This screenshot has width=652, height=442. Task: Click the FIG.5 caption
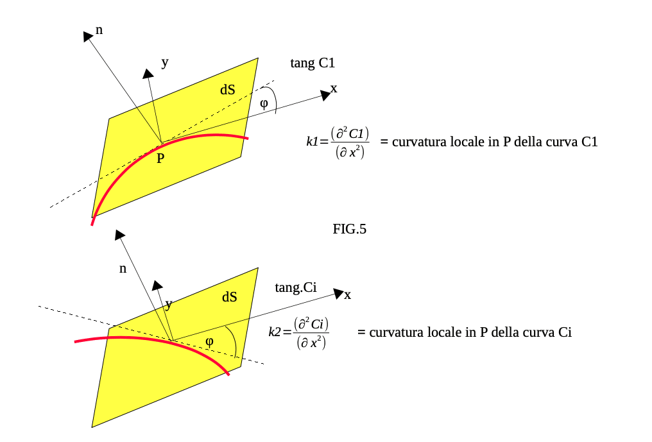coord(349,229)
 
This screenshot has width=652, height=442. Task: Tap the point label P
coord(160,158)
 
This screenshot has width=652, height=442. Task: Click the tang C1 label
coord(313,63)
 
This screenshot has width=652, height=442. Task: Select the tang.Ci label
coord(296,287)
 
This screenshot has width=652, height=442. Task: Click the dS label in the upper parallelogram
coord(227,89)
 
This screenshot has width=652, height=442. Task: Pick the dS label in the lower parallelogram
coord(230,297)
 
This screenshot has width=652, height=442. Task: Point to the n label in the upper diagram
coord(99,30)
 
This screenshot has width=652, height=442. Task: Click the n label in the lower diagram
coord(123,269)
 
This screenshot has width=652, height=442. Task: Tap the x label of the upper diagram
coord(334,89)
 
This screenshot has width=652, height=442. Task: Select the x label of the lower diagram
coord(348,295)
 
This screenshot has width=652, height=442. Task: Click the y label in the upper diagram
coord(165,63)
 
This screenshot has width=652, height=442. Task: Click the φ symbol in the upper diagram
coord(264,103)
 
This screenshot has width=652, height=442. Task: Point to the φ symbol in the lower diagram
coord(210,342)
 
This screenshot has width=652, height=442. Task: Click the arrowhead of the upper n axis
coord(88,36)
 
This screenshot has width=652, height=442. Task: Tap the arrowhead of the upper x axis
coord(326,95)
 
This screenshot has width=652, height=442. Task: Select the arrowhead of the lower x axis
coord(339,294)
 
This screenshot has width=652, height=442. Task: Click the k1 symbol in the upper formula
coord(312,142)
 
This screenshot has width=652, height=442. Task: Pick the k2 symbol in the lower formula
coord(275,332)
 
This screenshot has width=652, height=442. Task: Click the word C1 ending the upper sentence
coord(589,142)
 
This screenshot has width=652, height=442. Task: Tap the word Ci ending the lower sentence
coord(565,332)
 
